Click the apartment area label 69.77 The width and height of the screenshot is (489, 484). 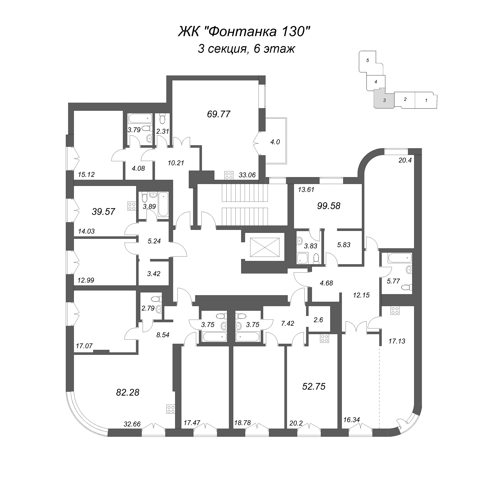point(219,114)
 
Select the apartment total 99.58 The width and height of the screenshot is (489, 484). point(329,206)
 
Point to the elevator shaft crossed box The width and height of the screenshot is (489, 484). point(264,247)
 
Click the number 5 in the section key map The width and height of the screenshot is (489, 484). point(368,60)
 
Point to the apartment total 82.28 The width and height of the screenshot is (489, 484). point(128,393)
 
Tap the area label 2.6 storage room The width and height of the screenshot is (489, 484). point(318,320)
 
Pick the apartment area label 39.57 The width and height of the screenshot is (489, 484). point(103,212)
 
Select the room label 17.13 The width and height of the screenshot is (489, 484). point(397,341)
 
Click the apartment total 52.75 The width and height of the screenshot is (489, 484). point(314,386)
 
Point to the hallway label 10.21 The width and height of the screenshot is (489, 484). point(176,163)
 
